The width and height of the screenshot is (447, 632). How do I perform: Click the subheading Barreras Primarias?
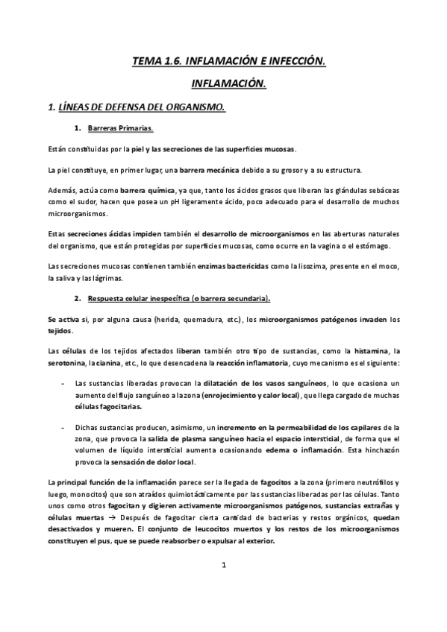(x=120, y=128)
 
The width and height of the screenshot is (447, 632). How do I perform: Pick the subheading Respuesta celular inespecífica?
(x=179, y=298)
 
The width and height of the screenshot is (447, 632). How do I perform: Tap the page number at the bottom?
(x=223, y=586)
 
